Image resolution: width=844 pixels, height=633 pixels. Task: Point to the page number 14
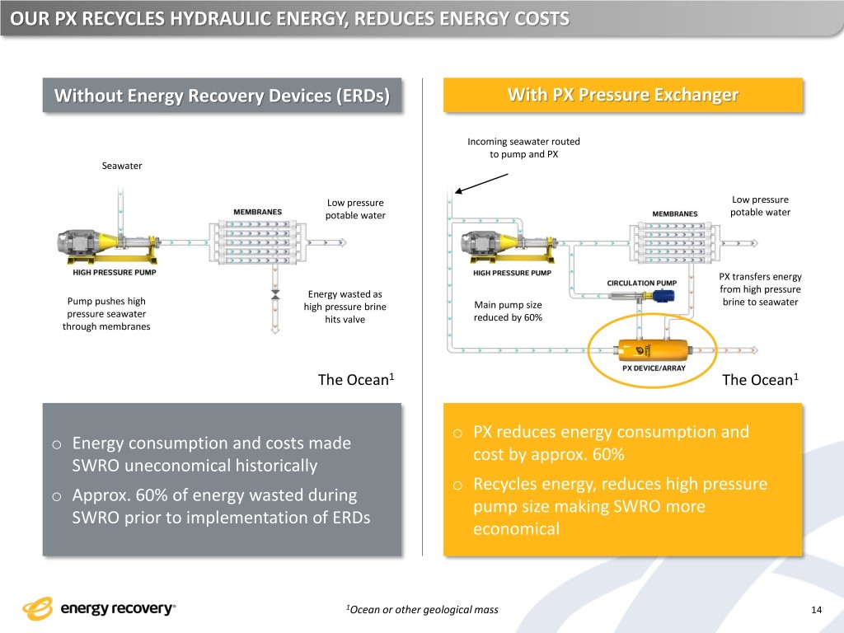(816, 610)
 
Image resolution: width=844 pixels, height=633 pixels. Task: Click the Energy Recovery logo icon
(38, 609)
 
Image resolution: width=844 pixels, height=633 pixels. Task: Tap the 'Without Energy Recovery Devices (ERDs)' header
(222, 96)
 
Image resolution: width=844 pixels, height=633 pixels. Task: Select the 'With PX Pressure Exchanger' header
(622, 95)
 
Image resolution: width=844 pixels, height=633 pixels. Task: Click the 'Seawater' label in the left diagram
(121, 166)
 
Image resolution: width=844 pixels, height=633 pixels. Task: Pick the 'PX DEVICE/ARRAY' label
(654, 368)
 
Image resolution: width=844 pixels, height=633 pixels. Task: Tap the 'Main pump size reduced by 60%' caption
(508, 312)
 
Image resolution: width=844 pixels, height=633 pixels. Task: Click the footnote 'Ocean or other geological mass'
(424, 610)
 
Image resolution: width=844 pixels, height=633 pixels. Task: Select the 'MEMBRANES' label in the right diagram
(674, 214)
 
